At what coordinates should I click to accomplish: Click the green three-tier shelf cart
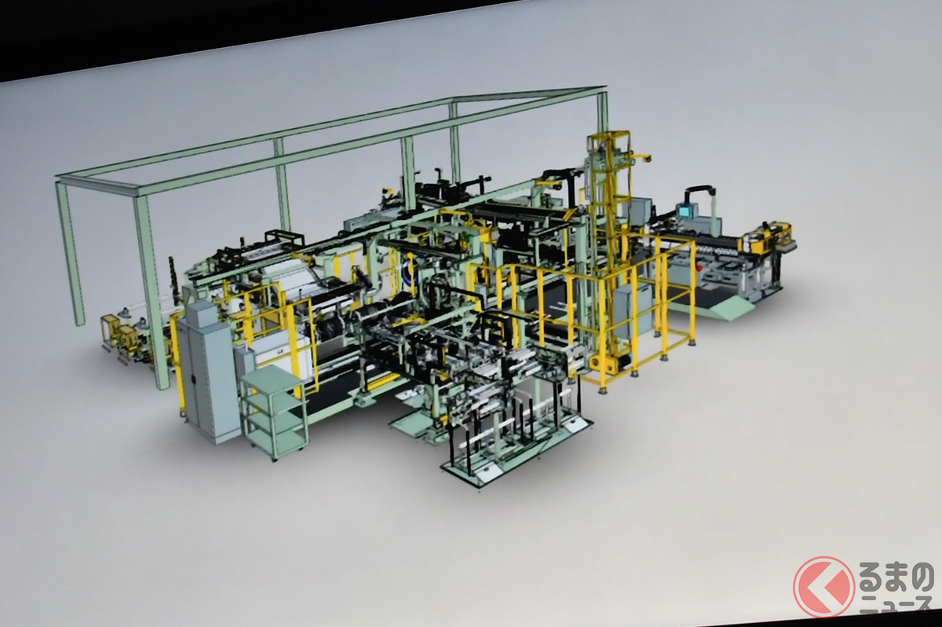point(272,412)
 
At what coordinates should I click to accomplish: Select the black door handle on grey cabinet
point(192,380)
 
